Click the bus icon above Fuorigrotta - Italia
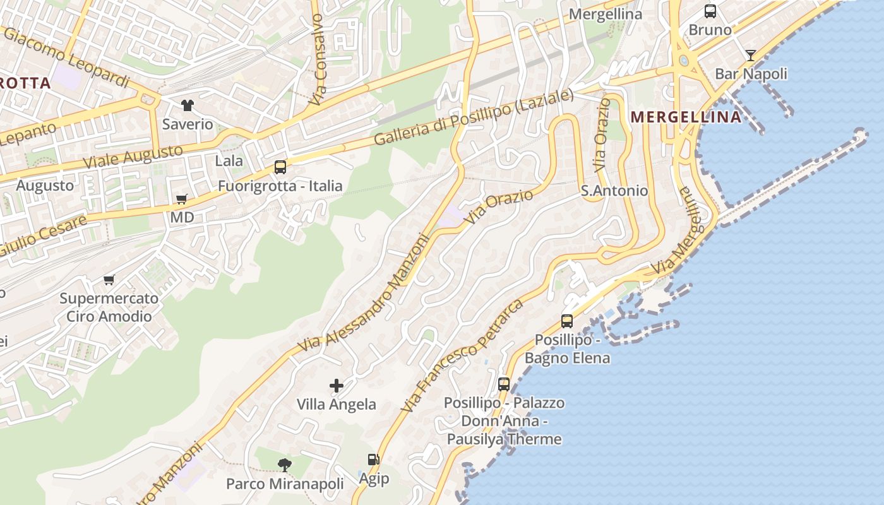[x=280, y=167]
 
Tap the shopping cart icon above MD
[x=182, y=199]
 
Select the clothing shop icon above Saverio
[x=188, y=105]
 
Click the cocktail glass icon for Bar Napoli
[x=750, y=56]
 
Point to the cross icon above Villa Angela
[x=337, y=385]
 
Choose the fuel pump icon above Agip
[x=374, y=460]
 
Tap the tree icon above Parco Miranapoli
[x=285, y=465]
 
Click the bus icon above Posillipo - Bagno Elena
[x=567, y=321]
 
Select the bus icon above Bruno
[x=710, y=11]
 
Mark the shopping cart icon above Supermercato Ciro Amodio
[x=109, y=280]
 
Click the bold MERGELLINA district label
[x=686, y=117]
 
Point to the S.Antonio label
[x=614, y=191]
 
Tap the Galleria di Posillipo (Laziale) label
[x=474, y=117]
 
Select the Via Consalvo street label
[x=318, y=60]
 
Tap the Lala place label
[x=229, y=161]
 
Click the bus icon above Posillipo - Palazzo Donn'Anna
[x=503, y=384]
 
